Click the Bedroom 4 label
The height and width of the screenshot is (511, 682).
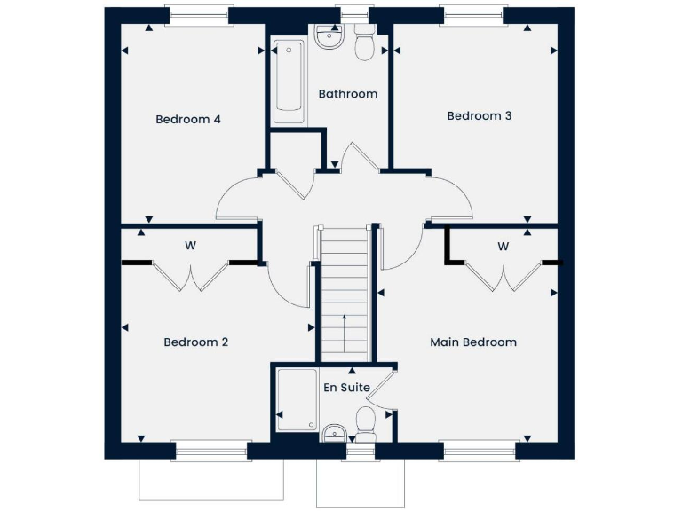click(188, 120)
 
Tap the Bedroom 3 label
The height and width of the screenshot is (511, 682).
click(479, 116)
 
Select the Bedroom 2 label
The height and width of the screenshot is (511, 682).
click(196, 342)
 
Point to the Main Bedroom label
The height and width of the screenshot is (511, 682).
click(472, 342)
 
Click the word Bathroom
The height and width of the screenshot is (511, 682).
click(347, 94)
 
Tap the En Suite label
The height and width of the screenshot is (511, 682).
click(346, 387)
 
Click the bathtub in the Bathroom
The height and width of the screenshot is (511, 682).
click(289, 82)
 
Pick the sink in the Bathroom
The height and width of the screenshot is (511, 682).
click(329, 39)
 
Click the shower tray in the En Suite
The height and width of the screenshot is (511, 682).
click(296, 401)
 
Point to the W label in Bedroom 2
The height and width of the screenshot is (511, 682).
click(190, 246)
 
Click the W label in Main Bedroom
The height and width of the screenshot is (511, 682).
click(503, 246)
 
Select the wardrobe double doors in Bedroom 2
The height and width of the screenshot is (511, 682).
click(190, 277)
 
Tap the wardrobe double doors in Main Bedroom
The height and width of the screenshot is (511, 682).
click(503, 277)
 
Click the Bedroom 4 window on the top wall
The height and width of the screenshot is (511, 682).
click(199, 15)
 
